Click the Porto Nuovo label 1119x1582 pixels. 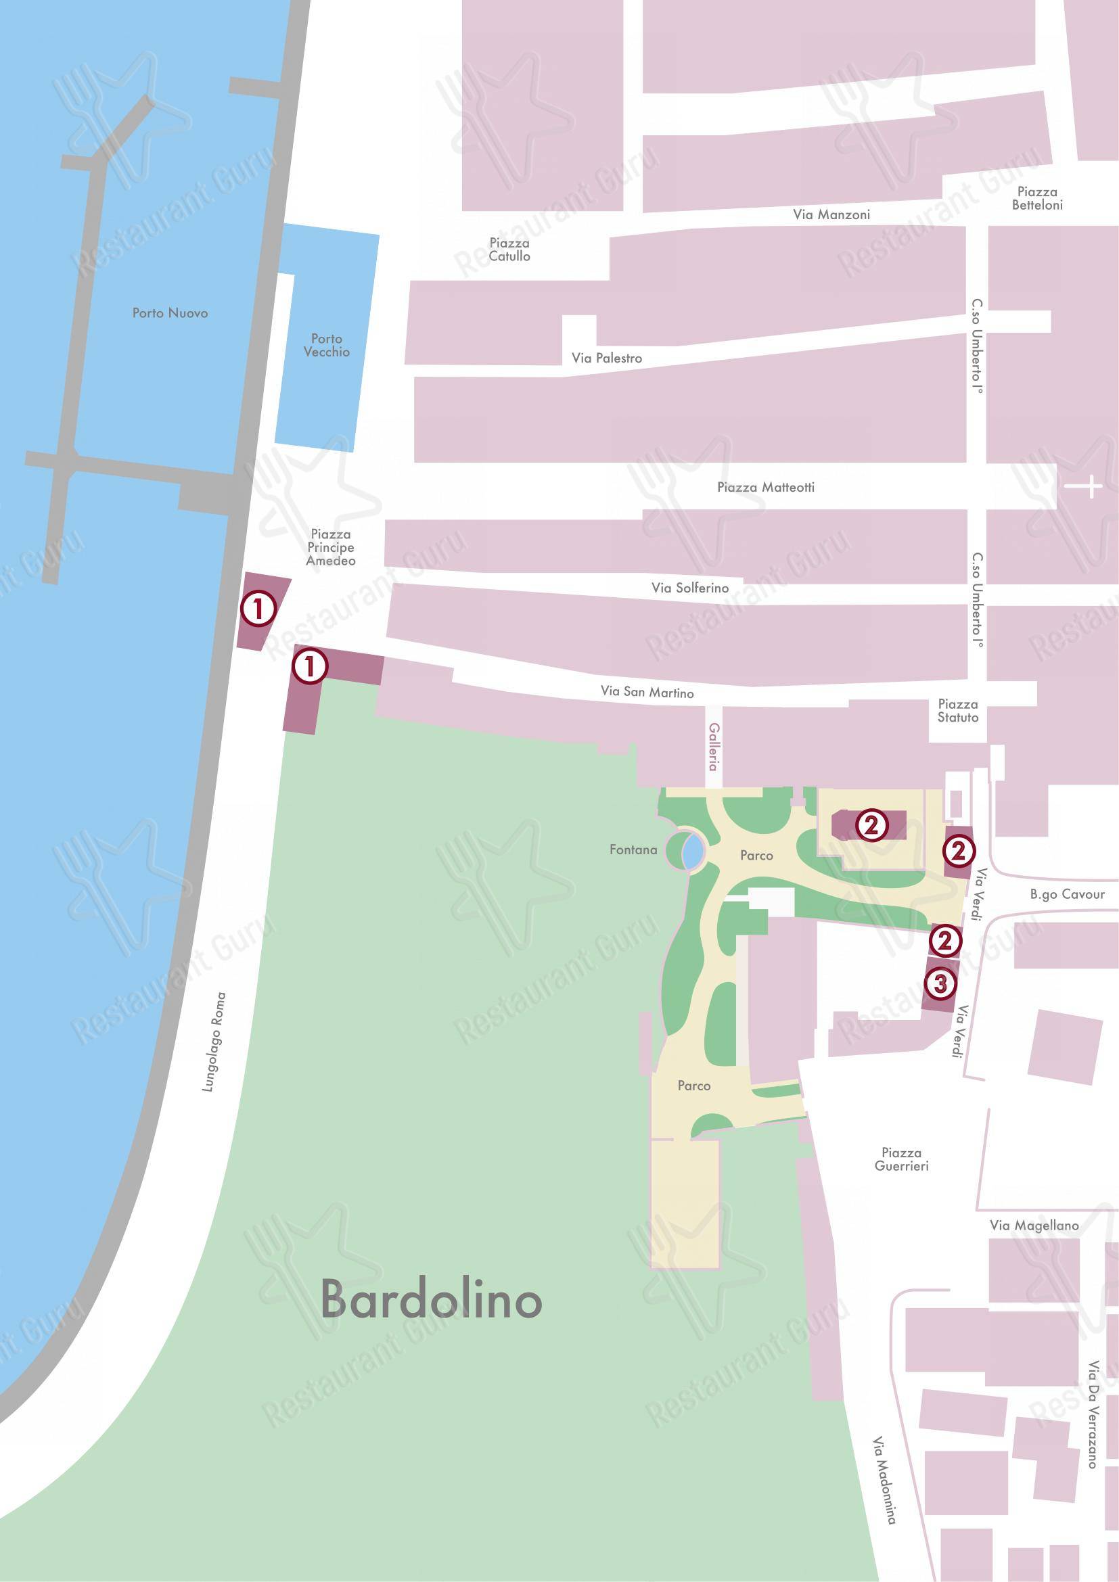point(170,313)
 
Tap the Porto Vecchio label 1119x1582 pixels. point(327,345)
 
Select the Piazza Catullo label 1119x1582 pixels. point(509,250)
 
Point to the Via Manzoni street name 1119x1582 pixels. point(831,215)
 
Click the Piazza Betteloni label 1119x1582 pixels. point(1037,198)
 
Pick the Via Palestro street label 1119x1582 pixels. point(606,358)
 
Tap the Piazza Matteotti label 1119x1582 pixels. point(766,487)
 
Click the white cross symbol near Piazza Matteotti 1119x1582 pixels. point(1083,486)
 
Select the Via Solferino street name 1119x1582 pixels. point(689,588)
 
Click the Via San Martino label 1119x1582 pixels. point(647,692)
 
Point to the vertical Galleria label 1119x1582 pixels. point(714,747)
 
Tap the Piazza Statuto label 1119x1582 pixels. point(958,710)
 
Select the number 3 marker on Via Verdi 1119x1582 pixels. point(940,983)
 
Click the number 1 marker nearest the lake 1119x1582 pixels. point(258,609)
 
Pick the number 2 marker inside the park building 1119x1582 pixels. point(871,824)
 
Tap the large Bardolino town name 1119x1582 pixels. point(432,1299)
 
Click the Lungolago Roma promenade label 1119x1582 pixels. point(214,1042)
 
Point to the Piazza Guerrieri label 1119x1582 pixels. point(901,1159)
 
